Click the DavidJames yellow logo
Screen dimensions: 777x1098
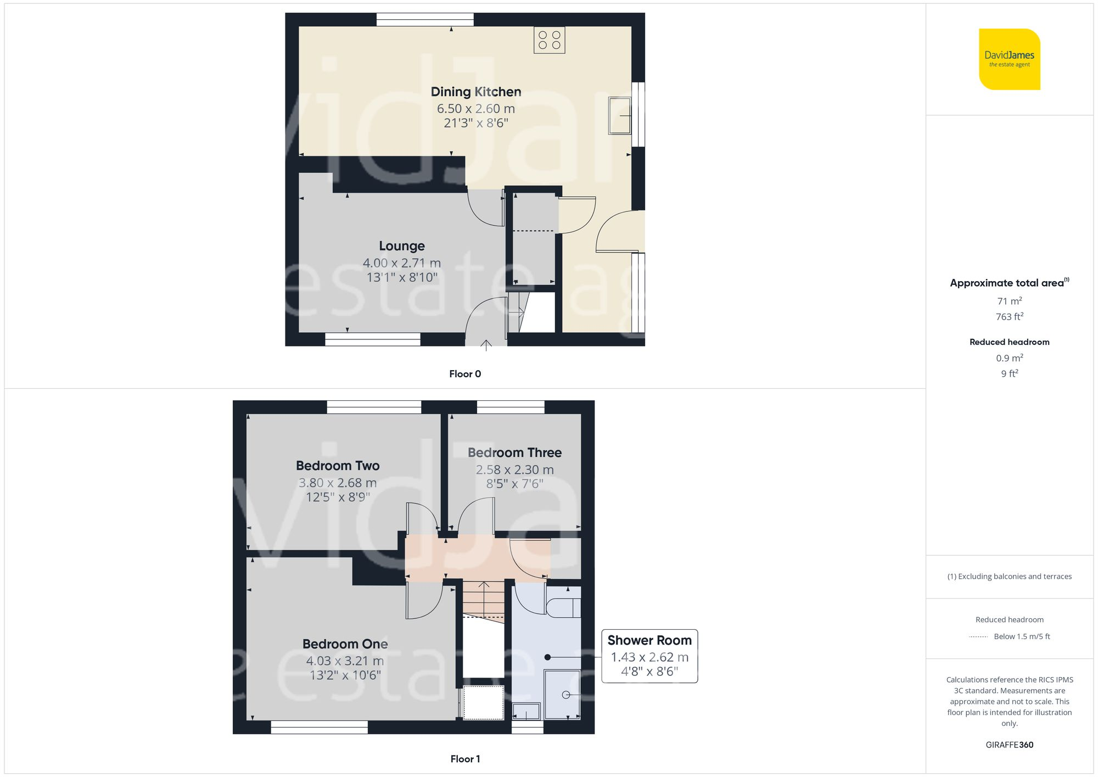click(1009, 59)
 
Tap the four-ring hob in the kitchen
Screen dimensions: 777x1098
click(549, 40)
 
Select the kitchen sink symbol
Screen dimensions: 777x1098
click(619, 115)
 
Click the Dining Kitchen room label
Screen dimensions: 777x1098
click(475, 92)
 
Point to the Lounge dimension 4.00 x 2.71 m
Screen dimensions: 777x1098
click(401, 263)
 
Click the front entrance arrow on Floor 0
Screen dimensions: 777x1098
click(486, 345)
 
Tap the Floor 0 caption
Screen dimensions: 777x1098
click(464, 374)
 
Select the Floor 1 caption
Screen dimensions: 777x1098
click(464, 759)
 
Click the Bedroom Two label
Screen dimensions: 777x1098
click(338, 466)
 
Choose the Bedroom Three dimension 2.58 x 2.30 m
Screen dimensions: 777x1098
click(514, 469)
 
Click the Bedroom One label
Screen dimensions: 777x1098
click(345, 644)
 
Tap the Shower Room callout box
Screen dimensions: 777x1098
click(649, 656)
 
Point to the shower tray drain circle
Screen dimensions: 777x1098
click(565, 695)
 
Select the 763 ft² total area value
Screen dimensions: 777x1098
click(1009, 317)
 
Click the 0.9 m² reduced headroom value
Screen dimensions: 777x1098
click(1009, 358)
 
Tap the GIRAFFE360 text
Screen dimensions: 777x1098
click(1009, 745)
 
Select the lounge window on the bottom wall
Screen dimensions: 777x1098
click(372, 339)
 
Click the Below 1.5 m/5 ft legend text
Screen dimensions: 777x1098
click(1021, 636)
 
